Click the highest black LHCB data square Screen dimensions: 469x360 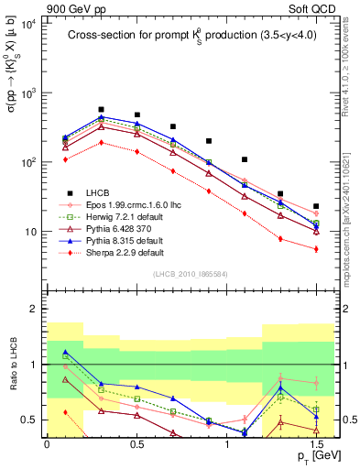(102, 109)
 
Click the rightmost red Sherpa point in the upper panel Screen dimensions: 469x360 (316, 249)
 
